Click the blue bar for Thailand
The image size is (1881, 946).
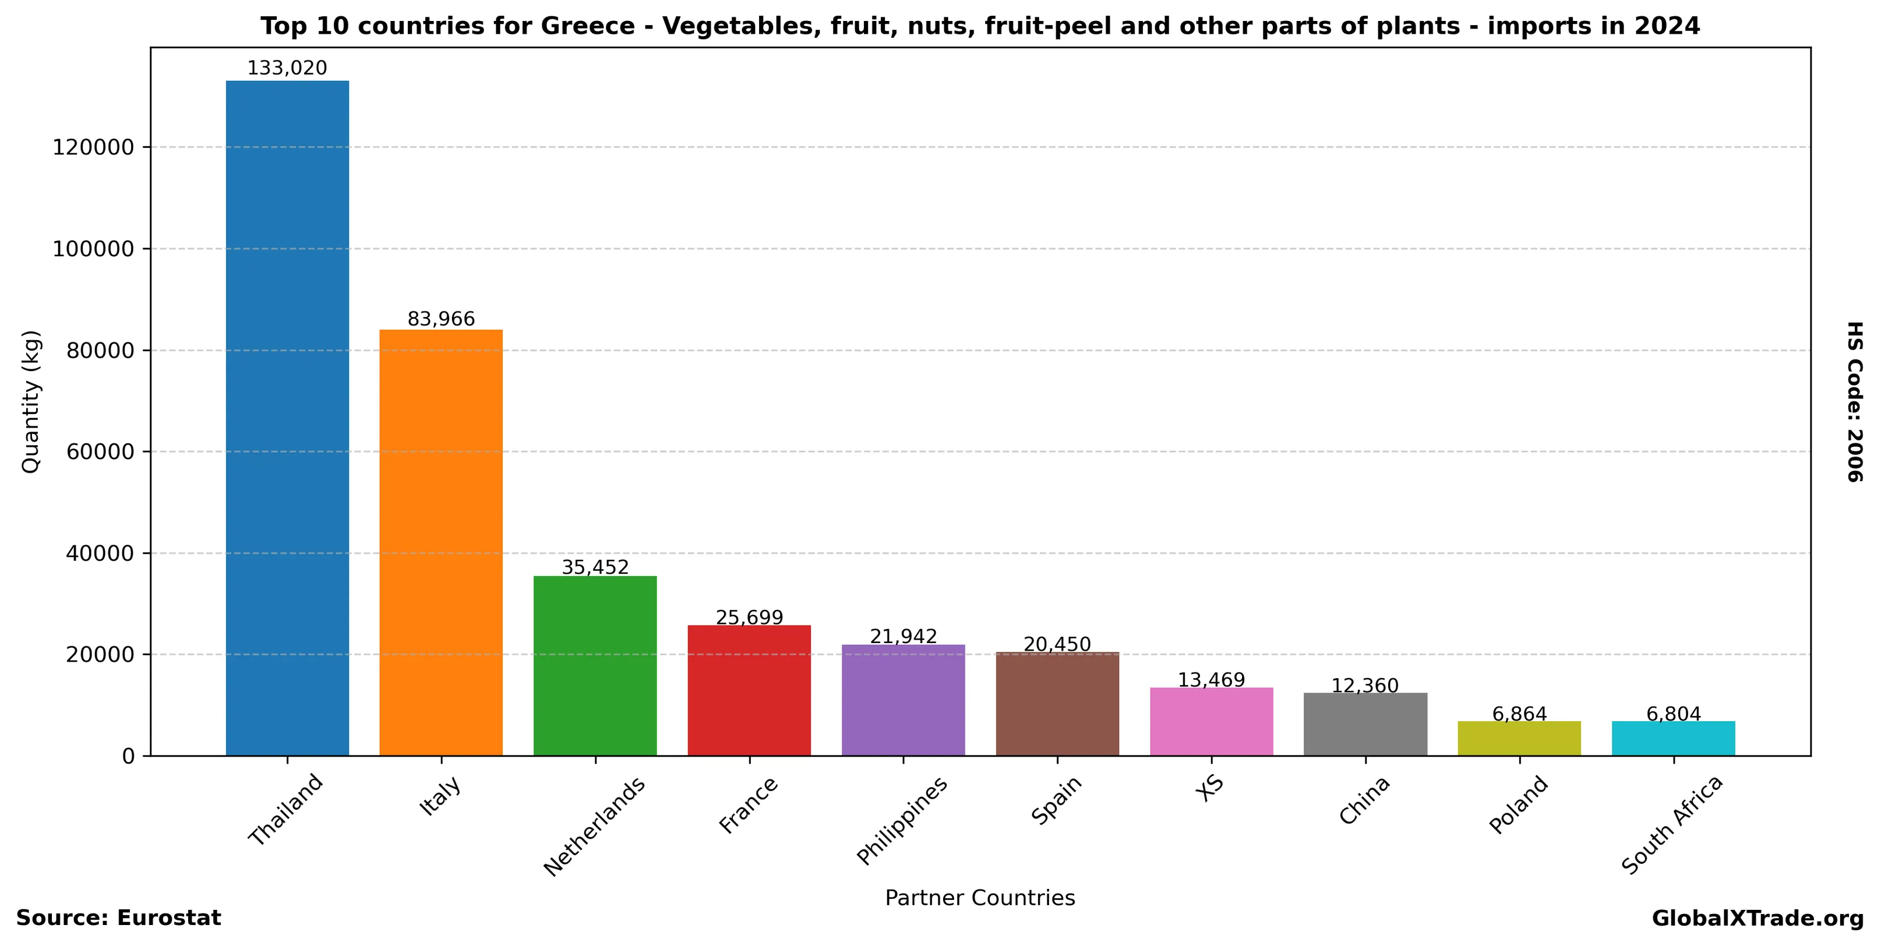tap(287, 418)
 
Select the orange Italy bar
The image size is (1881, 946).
tap(441, 542)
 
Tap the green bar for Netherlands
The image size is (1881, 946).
tap(595, 666)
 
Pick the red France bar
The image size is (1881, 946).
tap(749, 690)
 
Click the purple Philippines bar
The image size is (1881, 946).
tap(904, 700)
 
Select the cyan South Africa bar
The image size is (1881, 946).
tap(1674, 738)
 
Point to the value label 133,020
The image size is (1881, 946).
tap(287, 69)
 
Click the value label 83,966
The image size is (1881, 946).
tap(441, 319)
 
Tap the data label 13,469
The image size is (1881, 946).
tap(1212, 680)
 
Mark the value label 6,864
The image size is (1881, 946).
tap(1520, 714)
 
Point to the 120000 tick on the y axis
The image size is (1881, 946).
tap(93, 147)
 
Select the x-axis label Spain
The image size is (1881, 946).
tap(1056, 801)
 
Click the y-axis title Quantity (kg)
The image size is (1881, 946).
tap(31, 401)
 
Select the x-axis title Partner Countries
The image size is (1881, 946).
tap(980, 898)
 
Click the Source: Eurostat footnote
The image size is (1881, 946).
tap(118, 918)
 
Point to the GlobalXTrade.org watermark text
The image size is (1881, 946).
tap(1758, 918)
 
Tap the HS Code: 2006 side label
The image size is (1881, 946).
tap(1855, 401)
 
